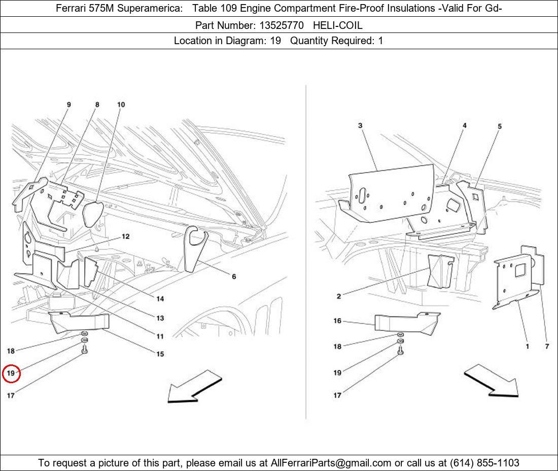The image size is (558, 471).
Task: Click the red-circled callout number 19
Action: [11, 374]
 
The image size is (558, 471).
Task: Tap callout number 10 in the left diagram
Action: [121, 105]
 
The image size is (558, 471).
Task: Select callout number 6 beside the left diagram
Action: [234, 277]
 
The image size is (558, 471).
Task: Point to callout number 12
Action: [125, 237]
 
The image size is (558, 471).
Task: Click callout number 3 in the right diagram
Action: [360, 125]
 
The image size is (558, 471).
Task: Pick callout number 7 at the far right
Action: [547, 347]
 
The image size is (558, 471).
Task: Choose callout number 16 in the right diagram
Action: [337, 321]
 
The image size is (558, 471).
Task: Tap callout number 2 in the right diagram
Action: [339, 296]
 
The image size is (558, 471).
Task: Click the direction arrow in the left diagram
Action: [195, 387]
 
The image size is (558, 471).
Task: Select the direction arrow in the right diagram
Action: [491, 381]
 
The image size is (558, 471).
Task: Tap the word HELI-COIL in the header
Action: [337, 25]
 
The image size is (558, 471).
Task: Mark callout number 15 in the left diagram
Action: [160, 354]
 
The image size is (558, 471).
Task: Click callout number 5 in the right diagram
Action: [500, 126]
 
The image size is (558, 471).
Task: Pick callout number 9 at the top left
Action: [69, 105]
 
